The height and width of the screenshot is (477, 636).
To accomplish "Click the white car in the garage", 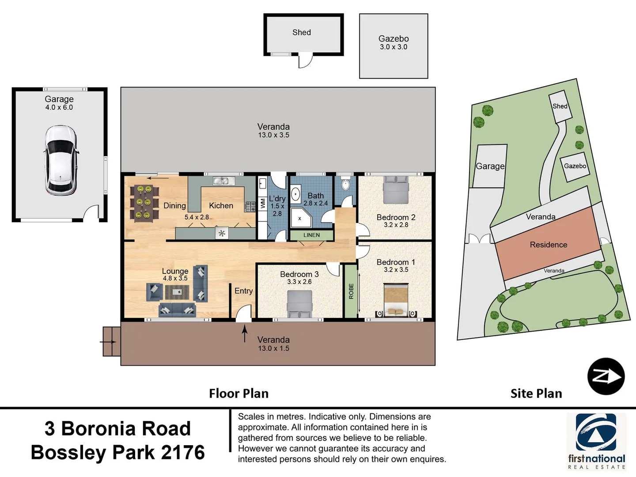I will coord(61,160).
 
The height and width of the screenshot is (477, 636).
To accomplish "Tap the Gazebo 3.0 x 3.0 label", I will coord(394,42).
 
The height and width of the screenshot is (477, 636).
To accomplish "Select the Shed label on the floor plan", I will coord(302,32).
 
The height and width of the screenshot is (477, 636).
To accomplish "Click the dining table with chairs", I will coord(144,203).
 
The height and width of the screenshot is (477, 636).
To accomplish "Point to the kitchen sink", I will coord(224,181).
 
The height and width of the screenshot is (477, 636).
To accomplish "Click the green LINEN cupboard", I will coord(311,235).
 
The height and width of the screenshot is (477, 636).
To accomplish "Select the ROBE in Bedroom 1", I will coord(351,291).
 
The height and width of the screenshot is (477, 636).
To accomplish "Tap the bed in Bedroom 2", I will coord(395,190).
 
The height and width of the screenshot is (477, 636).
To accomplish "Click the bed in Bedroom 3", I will coord(299,304).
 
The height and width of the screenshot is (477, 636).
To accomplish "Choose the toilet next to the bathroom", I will coord(346,184).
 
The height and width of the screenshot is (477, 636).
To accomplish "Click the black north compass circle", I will coord(606,376).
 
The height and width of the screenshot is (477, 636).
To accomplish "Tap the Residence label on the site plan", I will coord(548,245).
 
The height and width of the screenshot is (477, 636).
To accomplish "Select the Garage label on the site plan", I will coord(490,166).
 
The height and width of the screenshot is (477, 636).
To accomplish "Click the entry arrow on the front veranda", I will coord(245,333).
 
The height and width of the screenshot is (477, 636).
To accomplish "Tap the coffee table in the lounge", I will coord(177,292).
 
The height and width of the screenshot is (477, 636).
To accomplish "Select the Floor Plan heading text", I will coord(238,393).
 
